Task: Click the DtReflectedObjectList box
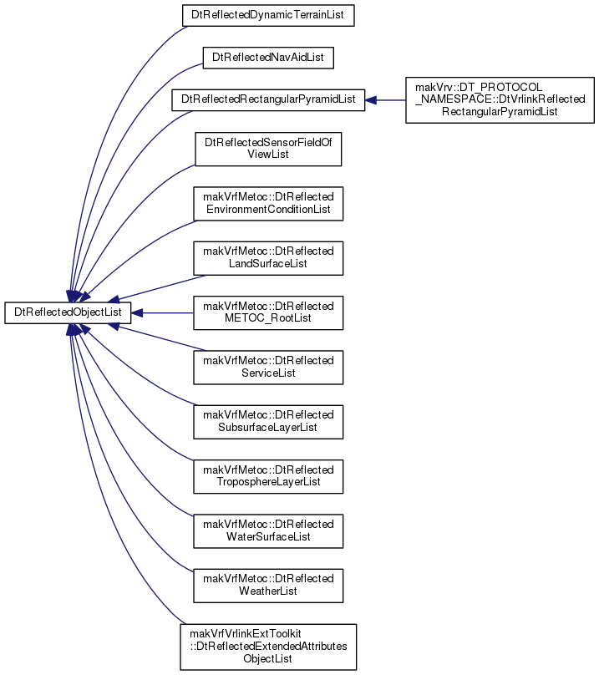[68, 312]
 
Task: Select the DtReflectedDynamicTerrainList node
[268, 16]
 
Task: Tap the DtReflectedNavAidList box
[268, 58]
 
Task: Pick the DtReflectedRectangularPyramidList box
[268, 100]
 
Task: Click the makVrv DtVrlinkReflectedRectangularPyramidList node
[500, 100]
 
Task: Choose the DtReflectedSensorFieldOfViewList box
[268, 149]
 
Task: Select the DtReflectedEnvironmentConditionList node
[268, 204]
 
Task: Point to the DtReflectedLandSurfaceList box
[268, 258]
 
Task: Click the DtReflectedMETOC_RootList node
[268, 313]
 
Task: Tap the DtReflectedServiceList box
[268, 368]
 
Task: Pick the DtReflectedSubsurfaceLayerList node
[268, 422]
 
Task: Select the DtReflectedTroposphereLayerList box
[268, 476]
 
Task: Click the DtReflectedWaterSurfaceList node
[268, 531]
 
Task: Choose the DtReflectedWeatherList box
[268, 586]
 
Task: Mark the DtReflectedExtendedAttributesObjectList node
[268, 647]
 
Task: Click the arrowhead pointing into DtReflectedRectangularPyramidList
[370, 100]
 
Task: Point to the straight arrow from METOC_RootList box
[162, 313]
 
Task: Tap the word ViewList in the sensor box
[268, 155]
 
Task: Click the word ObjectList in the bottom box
[268, 659]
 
